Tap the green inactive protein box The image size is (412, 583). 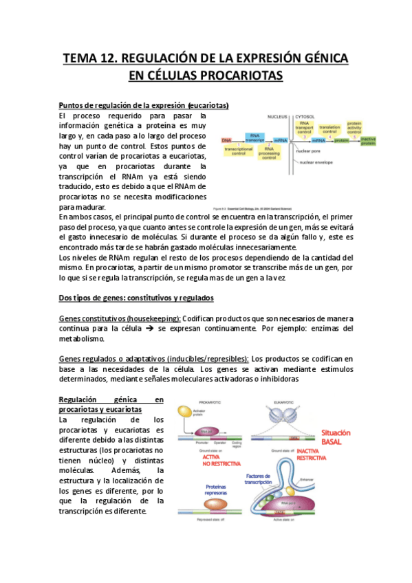coord(369,142)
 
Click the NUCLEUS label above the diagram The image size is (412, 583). coord(277,116)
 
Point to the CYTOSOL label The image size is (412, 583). coord(305,116)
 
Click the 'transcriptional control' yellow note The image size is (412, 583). coord(239,151)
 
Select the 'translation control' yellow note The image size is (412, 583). coord(329,129)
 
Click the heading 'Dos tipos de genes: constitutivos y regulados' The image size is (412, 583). coord(136,298)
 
